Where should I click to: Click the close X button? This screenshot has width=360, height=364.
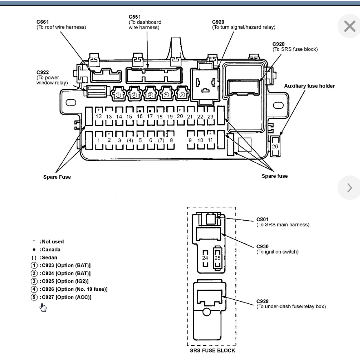pos(349,26)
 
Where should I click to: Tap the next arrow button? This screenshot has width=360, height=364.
pos(349,188)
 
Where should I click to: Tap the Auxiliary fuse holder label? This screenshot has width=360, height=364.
pos(309,86)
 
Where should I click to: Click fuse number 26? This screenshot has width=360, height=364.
pos(275,146)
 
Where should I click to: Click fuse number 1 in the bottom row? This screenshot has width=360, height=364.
pos(99,140)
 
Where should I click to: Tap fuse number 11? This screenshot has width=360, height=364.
pos(210,140)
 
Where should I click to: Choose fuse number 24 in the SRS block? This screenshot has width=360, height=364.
pos(205,258)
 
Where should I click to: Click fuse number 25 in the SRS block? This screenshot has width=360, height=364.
pos(217,258)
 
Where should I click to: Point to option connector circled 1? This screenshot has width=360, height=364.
pos(118,94)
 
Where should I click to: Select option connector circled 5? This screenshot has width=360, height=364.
pos(181,94)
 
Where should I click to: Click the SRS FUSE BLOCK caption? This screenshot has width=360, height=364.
pos(212,350)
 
